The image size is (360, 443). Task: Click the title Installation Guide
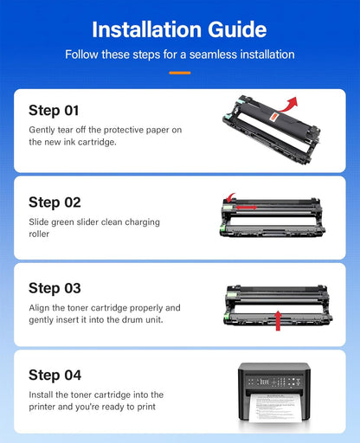coord(179,29)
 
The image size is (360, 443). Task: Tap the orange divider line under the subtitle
coord(180,73)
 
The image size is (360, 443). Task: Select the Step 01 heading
coord(54,111)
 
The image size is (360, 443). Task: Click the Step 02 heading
coord(55,202)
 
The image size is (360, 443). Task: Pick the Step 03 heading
coord(55,288)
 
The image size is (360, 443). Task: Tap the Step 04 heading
coord(55,376)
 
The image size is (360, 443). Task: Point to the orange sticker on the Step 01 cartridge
coord(274,117)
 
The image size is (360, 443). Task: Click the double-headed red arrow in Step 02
coord(247,208)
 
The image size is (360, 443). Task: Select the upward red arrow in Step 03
coord(278,320)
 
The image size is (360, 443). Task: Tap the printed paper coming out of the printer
coord(273,408)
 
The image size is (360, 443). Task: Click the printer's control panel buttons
coord(274,382)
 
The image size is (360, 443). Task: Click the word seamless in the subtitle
coord(213,55)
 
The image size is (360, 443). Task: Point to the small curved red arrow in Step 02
coord(230,198)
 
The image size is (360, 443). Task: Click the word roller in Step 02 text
coord(39,234)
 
